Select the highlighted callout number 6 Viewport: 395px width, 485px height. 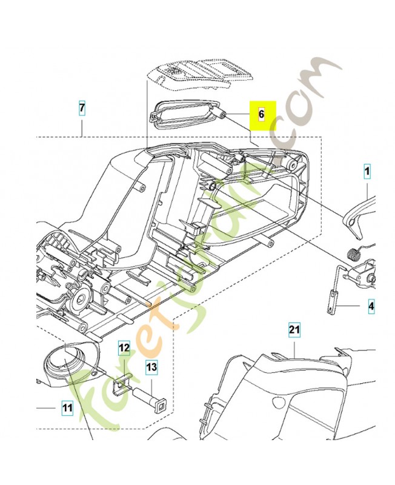[x=262, y=113]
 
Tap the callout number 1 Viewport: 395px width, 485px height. [x=367, y=172]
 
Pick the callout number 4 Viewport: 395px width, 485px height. [x=371, y=307]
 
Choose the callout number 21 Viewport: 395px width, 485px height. [x=294, y=330]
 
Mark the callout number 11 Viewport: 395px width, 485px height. [x=67, y=409]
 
